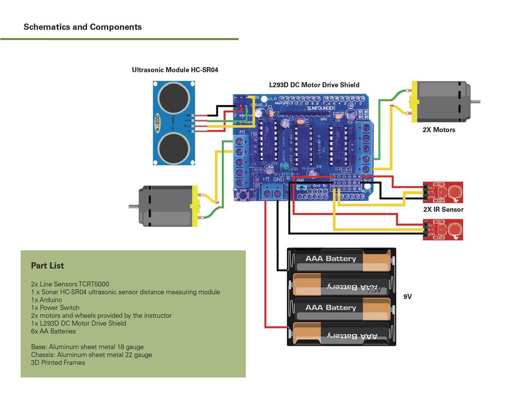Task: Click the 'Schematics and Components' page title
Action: click(82, 27)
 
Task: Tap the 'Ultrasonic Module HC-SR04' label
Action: click(175, 70)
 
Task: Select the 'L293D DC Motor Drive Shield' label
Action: click(314, 85)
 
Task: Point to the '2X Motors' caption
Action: click(439, 129)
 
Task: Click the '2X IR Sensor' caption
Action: click(443, 209)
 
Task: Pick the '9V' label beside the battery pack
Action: click(407, 297)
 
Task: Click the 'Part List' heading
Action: click(48, 265)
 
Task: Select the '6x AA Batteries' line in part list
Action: click(53, 331)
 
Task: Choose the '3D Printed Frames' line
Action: click(58, 362)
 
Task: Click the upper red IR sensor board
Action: click(443, 192)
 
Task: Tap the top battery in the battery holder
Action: click(341, 260)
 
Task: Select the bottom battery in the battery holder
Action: click(341, 334)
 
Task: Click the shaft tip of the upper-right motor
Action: click(478, 101)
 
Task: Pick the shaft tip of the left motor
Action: click(131, 206)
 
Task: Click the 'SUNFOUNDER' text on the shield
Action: click(321, 108)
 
